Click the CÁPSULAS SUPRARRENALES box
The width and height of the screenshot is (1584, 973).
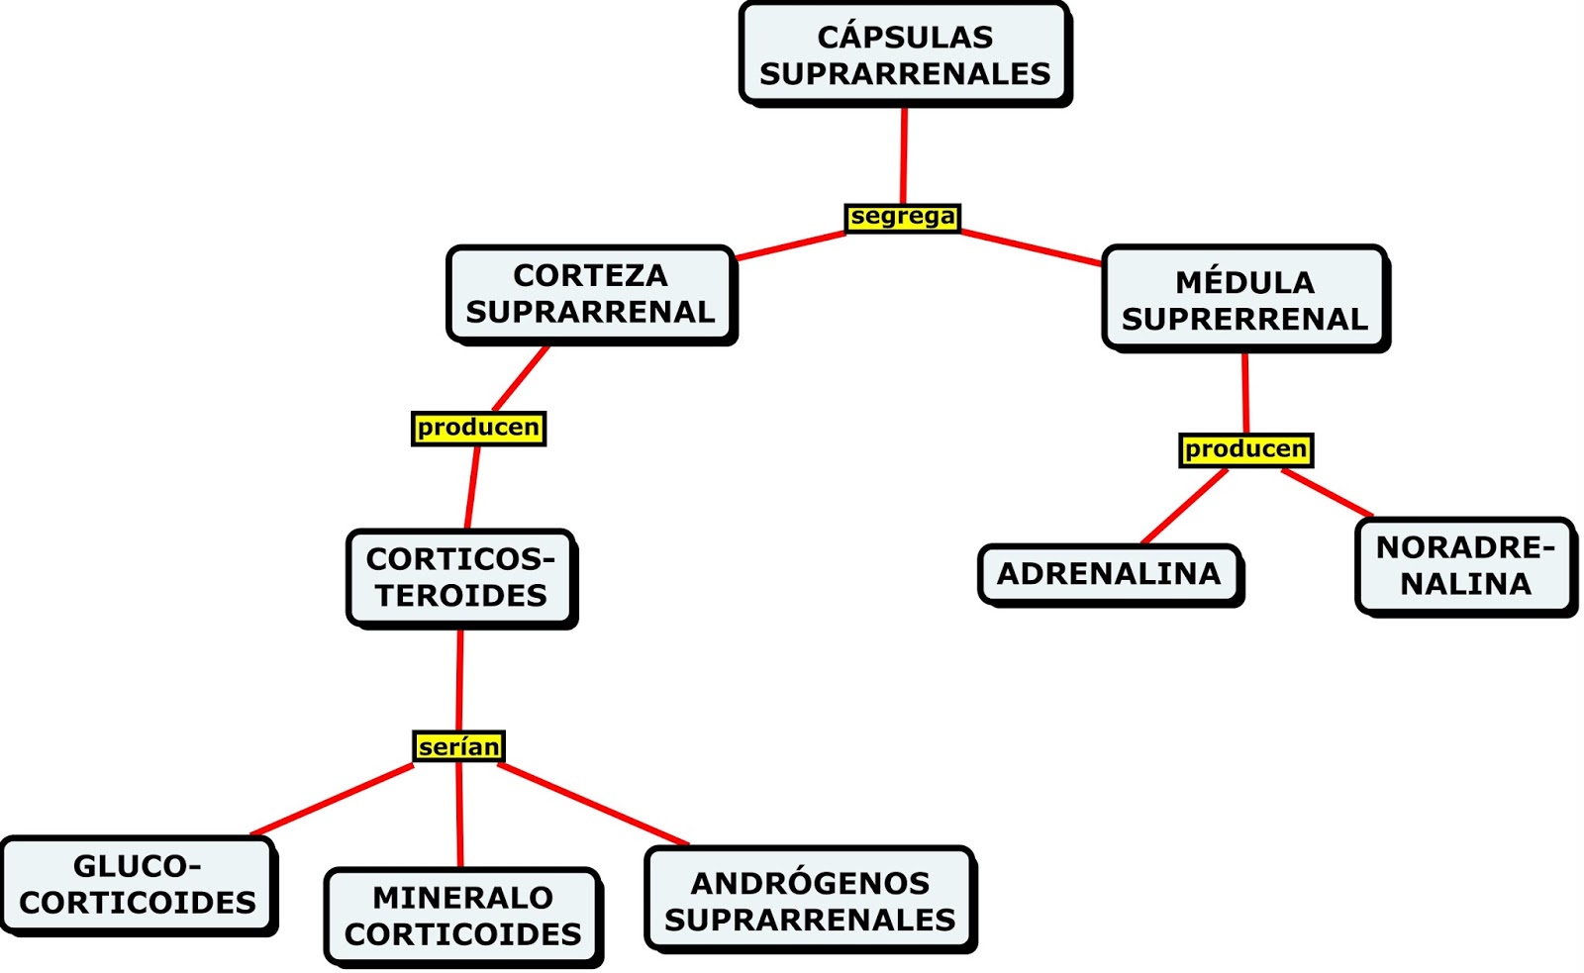(904, 54)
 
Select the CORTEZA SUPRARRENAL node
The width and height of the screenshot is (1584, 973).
(590, 294)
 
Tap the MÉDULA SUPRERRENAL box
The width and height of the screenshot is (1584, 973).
(1244, 299)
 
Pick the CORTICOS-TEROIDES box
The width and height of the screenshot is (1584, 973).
(460, 577)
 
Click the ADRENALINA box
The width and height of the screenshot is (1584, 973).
(1109, 573)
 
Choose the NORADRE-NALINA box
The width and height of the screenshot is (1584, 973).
(1464, 565)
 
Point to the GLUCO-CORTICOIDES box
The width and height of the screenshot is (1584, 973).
(138, 884)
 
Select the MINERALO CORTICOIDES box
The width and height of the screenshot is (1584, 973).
(462, 915)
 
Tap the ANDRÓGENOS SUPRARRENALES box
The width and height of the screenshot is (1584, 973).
(810, 900)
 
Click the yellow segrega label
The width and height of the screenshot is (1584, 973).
(903, 217)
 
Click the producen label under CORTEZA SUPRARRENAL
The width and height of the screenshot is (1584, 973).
(478, 428)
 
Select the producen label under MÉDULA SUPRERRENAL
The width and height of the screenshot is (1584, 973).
(1245, 449)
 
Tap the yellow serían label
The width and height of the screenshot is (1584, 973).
(458, 746)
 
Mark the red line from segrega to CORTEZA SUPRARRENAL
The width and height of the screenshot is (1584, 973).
(790, 245)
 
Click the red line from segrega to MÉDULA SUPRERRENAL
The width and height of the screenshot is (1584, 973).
(1032, 247)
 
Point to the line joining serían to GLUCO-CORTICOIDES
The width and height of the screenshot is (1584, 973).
(332, 800)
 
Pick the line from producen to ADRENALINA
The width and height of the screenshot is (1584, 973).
(1185, 507)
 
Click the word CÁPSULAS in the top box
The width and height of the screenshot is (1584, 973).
(905, 37)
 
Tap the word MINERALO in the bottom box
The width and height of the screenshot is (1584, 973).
(462, 897)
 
